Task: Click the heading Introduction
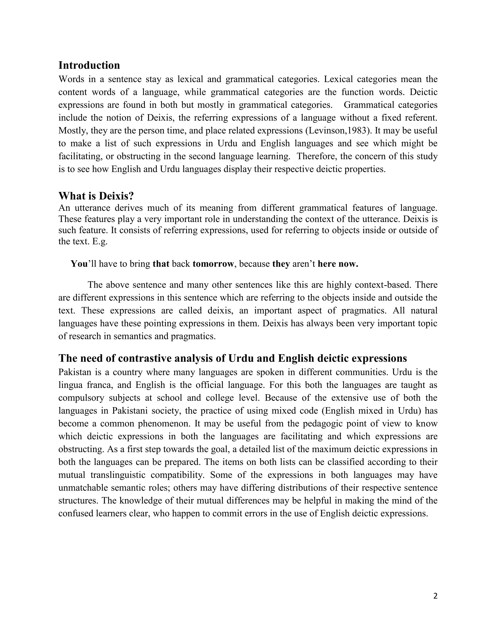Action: tap(89, 65)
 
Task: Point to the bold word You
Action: tap(79, 264)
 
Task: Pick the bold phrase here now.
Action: tap(338, 264)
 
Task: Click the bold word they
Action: tap(281, 264)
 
